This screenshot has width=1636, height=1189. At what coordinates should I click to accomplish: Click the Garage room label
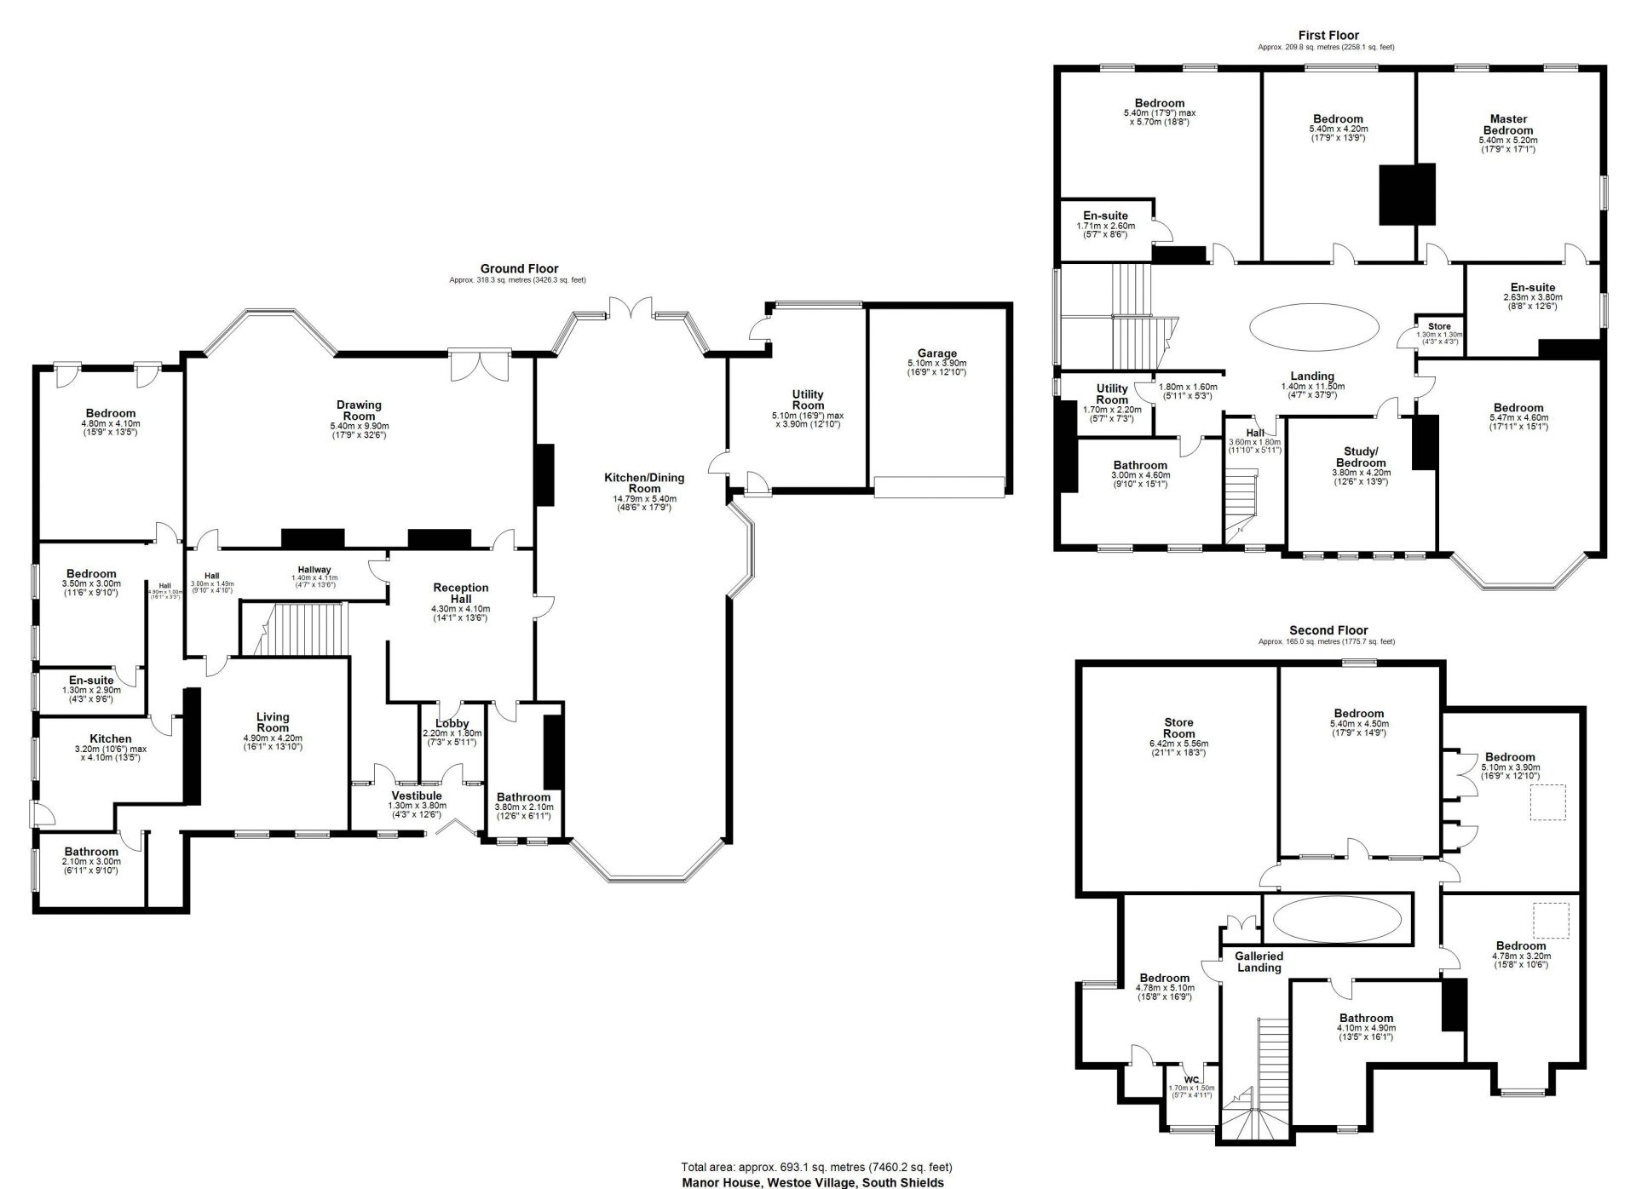point(937,353)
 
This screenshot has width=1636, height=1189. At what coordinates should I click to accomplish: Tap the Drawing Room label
point(359,411)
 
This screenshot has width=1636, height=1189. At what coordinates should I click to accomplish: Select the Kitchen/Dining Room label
point(644,483)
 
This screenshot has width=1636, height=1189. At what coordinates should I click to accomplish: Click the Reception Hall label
point(461,594)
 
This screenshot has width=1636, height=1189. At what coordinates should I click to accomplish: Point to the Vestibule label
point(416,796)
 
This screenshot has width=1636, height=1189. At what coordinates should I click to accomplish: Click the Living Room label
point(273,722)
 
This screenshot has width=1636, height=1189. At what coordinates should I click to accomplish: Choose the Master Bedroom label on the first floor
point(1508,124)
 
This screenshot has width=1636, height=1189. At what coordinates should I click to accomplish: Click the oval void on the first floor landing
point(1313,326)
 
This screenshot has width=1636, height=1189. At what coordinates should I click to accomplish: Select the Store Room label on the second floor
point(1179,728)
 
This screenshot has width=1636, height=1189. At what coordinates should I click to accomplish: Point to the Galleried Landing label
point(1259,962)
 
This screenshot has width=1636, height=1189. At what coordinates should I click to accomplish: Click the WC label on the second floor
point(1191,1080)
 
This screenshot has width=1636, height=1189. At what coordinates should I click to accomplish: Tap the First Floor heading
point(1328,35)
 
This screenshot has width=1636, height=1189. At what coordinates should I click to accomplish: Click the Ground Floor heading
point(519,268)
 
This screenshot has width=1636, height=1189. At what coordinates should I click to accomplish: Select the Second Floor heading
point(1328,630)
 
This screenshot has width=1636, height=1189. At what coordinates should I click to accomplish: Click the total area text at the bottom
point(816,1167)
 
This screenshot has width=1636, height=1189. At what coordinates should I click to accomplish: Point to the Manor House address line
point(813,1182)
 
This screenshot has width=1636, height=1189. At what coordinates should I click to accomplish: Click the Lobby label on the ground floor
point(452,724)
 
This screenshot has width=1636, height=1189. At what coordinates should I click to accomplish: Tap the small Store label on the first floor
point(1439,326)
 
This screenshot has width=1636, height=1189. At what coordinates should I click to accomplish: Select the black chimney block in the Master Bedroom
point(1408,195)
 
